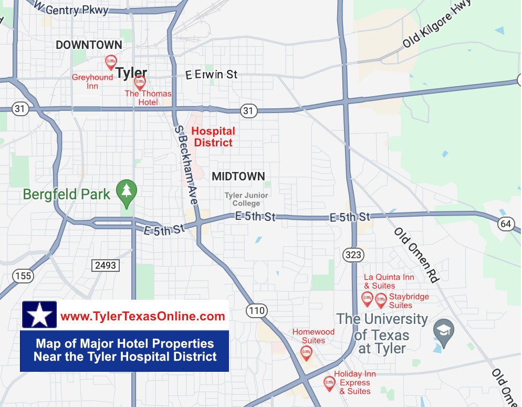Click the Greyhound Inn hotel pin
(x=111, y=62)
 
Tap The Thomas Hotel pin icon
(x=140, y=82)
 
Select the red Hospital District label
(x=213, y=137)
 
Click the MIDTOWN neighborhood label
(x=238, y=177)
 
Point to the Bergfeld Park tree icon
(x=126, y=190)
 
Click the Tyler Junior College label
(x=246, y=199)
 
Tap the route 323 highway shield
(x=353, y=255)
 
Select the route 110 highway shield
(x=257, y=311)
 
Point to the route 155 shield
(x=24, y=276)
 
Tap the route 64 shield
(x=506, y=224)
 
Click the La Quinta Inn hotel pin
(x=368, y=299)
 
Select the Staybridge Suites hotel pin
(x=381, y=300)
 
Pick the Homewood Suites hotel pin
(x=306, y=352)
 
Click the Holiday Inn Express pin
(x=329, y=383)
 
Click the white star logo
(x=39, y=315)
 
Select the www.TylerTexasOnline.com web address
(x=143, y=316)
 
